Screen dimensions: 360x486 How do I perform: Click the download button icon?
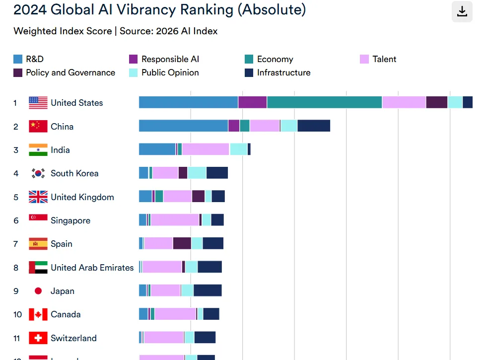pyautogui.click(x=462, y=12)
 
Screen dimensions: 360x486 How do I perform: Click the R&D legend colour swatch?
pyautogui.click(x=18, y=59)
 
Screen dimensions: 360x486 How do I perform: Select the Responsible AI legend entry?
pyautogui.click(x=170, y=59)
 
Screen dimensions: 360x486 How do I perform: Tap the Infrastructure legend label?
pyautogui.click(x=283, y=72)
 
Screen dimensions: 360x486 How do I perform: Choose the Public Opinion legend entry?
pyautogui.click(x=170, y=72)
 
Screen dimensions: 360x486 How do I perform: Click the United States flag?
pyautogui.click(x=38, y=103)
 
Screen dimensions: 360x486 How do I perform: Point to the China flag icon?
pyautogui.click(x=38, y=126)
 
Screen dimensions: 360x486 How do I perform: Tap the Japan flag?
pyautogui.click(x=38, y=291)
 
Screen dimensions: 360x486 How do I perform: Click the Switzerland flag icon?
pyautogui.click(x=38, y=338)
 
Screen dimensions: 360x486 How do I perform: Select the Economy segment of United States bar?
pyautogui.click(x=324, y=102)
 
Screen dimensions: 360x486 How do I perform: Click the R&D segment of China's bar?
pyautogui.click(x=183, y=126)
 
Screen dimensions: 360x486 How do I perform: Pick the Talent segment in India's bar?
pyautogui.click(x=206, y=149)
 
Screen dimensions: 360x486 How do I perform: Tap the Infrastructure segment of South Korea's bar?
pyautogui.click(x=217, y=173)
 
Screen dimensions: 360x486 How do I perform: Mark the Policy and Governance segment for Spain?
pyautogui.click(x=182, y=243)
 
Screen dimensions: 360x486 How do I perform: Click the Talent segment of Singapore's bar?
pyautogui.click(x=175, y=220)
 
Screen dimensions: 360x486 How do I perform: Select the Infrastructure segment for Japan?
pyautogui.click(x=208, y=290)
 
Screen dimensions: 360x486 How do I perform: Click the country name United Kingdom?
pyautogui.click(x=82, y=197)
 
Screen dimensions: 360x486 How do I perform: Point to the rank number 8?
pyautogui.click(x=16, y=268)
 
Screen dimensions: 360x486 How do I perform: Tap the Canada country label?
pyautogui.click(x=66, y=314)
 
